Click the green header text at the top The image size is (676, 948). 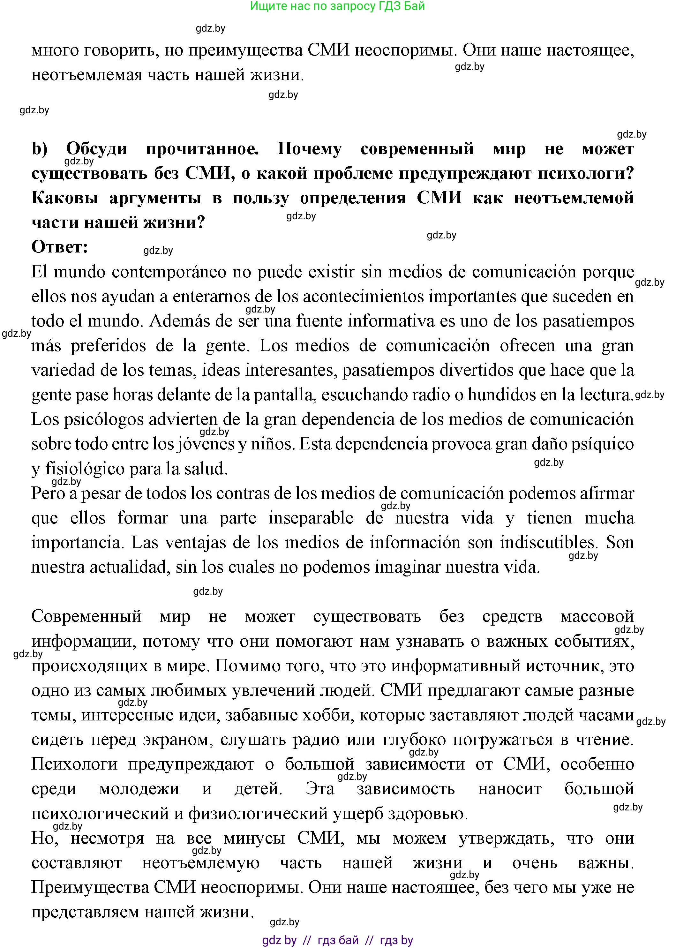click(337, 6)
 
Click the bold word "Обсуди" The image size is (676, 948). click(97, 149)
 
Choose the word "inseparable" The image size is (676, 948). click(311, 518)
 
